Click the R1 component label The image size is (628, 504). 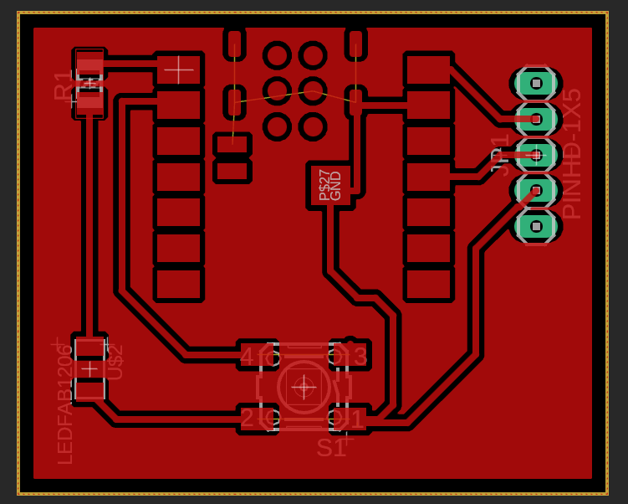coord(64,85)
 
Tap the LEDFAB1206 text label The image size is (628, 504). coord(65,404)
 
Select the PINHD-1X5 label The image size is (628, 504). coord(571,154)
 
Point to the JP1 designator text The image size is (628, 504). coord(500,154)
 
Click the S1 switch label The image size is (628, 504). coord(331,448)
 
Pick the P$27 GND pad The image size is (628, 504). coord(330,185)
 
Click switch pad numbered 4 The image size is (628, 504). coord(256,356)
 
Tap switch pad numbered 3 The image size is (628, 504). coord(350,356)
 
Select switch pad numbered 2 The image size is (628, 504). coord(256,418)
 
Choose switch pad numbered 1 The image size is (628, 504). coord(350,418)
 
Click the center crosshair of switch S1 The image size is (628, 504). coord(304,387)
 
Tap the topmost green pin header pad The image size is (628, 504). coord(535,83)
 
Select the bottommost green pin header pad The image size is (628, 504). coord(535,226)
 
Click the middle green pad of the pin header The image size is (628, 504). coord(535,155)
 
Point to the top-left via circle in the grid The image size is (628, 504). coord(277,55)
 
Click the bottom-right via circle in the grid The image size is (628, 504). coord(313,126)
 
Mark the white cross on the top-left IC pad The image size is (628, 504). coord(179,69)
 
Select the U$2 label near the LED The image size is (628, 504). coord(115,362)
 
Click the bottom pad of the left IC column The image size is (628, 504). coord(179,283)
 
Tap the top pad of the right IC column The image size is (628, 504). coord(428,69)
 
